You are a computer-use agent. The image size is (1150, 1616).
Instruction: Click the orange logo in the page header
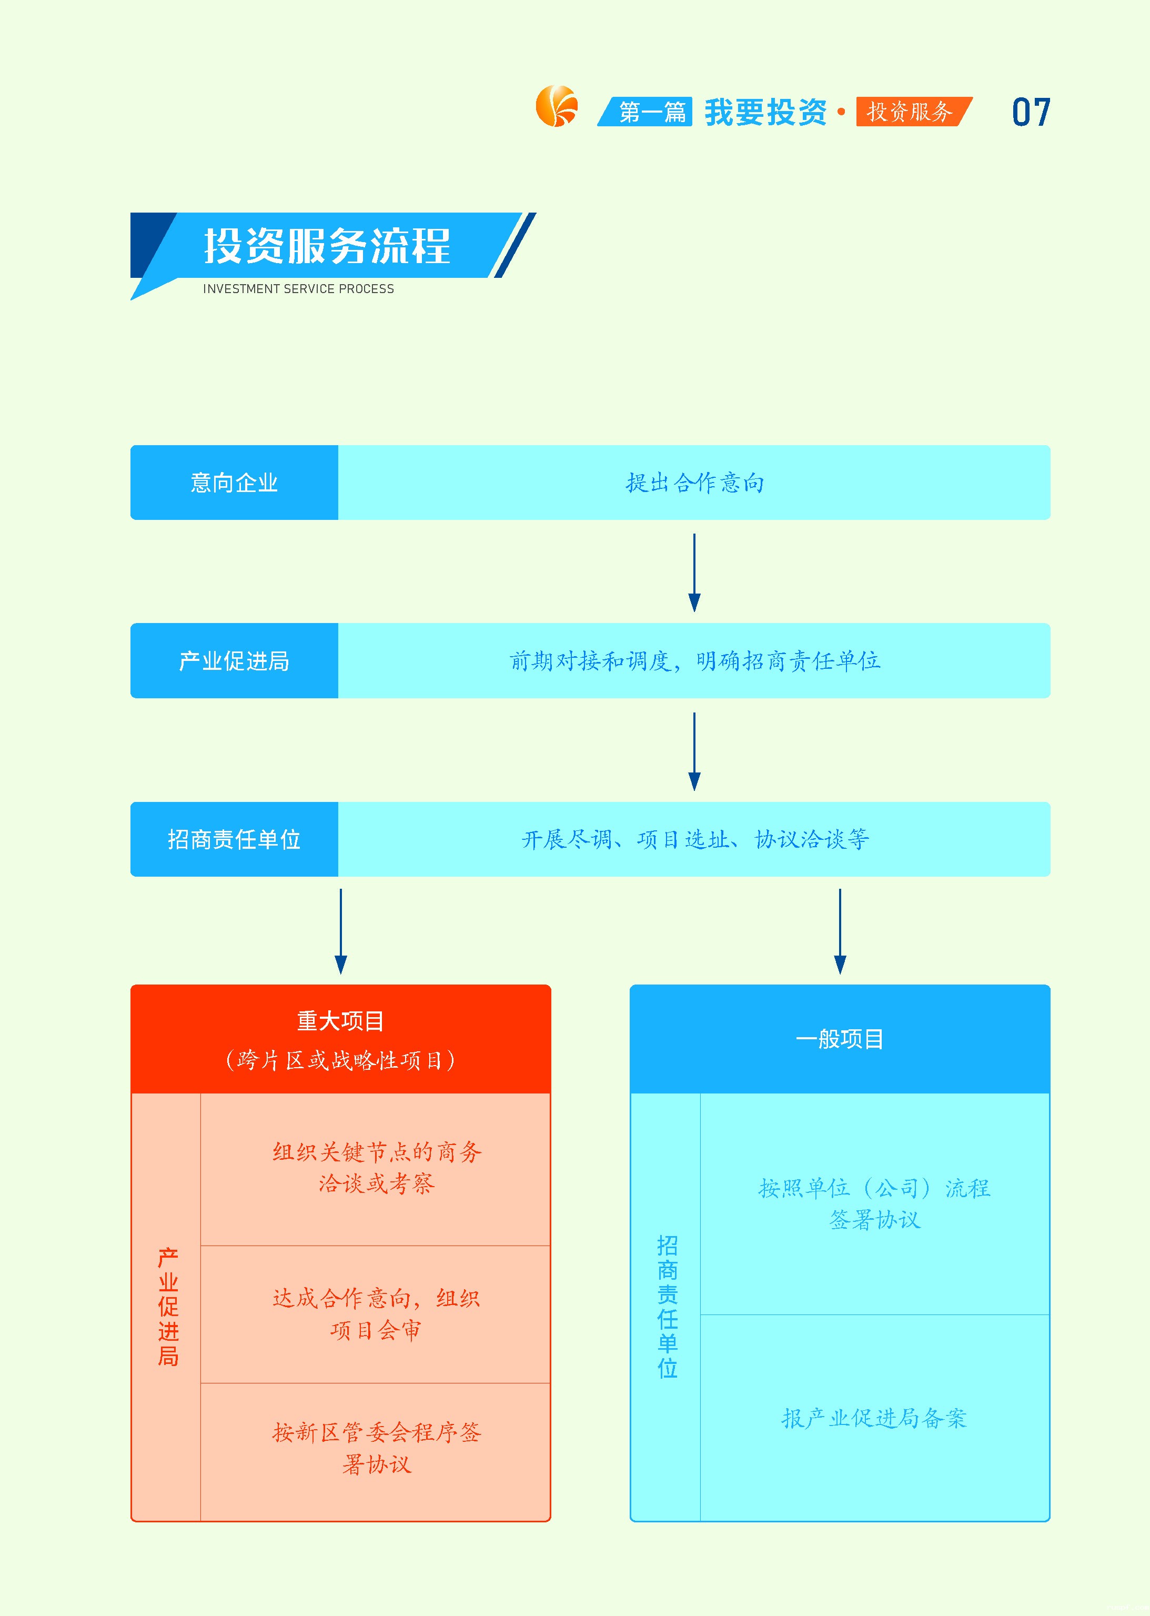557,106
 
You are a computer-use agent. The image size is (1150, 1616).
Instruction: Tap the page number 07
1031,113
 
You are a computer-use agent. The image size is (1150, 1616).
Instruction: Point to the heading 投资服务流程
327,246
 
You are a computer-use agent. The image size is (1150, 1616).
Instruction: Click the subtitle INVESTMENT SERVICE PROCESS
298,289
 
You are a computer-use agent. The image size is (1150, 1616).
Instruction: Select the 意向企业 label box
235,482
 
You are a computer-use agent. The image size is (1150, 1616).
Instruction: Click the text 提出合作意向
694,482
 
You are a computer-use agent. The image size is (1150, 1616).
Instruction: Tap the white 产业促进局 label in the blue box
235,661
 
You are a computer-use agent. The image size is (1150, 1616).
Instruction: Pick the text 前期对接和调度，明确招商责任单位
694,661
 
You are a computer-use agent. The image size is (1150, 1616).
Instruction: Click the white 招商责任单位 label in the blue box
235,839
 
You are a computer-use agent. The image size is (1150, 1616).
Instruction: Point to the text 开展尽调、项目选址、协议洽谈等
694,839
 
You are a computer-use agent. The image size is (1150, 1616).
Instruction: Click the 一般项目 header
840,1039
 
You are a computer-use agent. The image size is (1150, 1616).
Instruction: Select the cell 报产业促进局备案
874,1418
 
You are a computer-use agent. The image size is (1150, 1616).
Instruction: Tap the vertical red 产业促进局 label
168,1307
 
